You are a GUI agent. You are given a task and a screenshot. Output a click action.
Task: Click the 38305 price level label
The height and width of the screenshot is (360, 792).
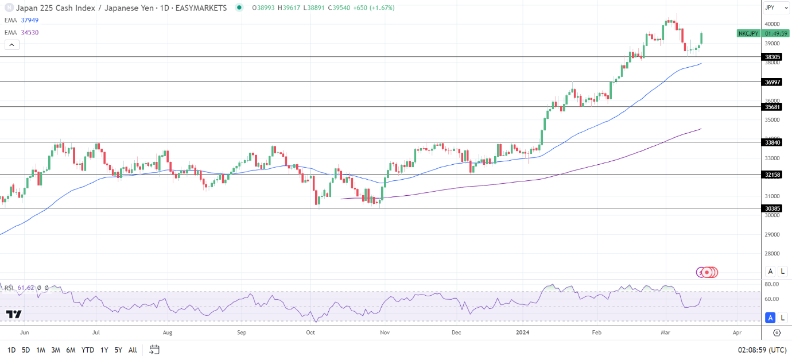click(x=772, y=57)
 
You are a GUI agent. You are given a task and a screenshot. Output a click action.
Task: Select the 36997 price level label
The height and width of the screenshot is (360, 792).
click(x=772, y=82)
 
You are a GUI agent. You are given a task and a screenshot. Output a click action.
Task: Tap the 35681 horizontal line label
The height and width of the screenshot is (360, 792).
click(x=772, y=107)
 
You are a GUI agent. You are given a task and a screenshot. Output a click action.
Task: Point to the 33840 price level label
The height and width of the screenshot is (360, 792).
click(x=772, y=142)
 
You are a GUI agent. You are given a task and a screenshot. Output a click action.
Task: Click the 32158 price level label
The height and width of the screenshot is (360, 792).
click(x=772, y=175)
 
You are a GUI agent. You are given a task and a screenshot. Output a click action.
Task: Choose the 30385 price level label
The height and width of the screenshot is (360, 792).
click(x=772, y=208)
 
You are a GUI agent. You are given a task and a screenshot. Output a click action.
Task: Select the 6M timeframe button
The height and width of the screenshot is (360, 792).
click(x=71, y=350)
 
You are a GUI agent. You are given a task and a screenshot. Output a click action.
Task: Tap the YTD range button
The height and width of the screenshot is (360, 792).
click(x=88, y=350)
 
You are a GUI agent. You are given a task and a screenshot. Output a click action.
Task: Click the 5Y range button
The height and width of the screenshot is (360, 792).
click(x=118, y=350)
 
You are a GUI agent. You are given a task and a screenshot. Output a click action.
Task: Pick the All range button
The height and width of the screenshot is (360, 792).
click(x=133, y=350)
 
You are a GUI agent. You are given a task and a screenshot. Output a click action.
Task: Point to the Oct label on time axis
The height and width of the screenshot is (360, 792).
click(x=310, y=332)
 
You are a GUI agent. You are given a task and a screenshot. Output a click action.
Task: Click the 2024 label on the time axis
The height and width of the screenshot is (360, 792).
click(x=522, y=332)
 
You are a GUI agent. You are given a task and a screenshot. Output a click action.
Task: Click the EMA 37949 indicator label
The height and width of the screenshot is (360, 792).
click(x=22, y=20)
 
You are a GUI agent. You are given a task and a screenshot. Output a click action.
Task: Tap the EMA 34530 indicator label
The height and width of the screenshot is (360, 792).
click(x=22, y=33)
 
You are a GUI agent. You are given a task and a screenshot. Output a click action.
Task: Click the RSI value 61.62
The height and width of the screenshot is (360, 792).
click(x=26, y=287)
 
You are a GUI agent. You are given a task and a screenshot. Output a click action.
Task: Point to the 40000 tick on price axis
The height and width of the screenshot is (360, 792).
click(x=772, y=24)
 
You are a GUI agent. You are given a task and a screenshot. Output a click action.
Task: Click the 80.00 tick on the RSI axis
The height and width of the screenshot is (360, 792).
click(x=772, y=284)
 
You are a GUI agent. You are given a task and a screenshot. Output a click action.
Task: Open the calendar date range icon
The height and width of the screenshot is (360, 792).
click(x=154, y=350)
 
